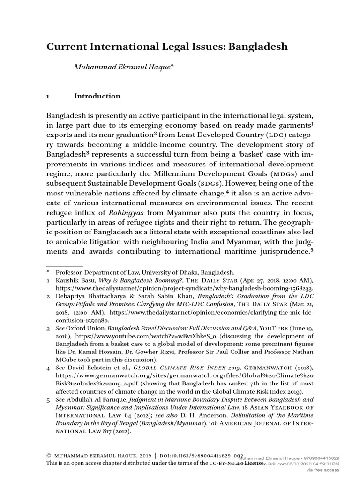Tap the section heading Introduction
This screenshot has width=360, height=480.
[97, 96]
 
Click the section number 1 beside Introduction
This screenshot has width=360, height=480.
[48, 97]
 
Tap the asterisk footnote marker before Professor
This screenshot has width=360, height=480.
[48, 272]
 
